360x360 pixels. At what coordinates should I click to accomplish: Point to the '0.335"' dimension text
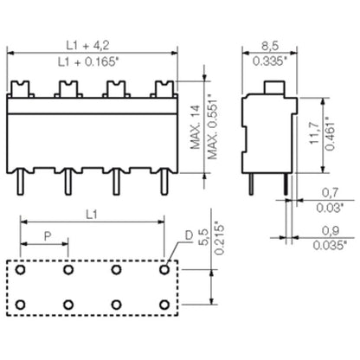[x=272, y=61]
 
